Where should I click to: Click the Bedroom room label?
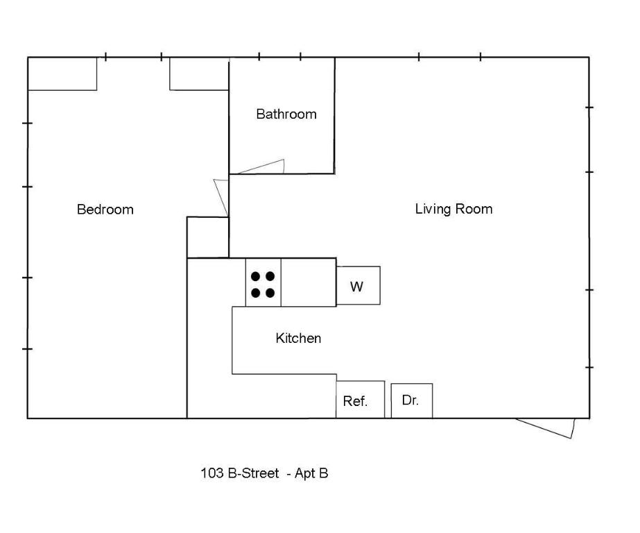tap(105, 210)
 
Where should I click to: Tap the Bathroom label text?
tap(286, 114)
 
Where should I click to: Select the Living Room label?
tap(453, 209)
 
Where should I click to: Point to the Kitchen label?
tap(298, 338)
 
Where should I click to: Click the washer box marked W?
tap(358, 286)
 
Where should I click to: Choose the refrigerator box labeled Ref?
tap(360, 400)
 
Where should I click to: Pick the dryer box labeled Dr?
tap(411, 400)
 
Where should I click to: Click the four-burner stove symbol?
tap(263, 284)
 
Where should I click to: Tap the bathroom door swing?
tap(263, 167)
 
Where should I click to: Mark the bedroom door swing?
tap(221, 197)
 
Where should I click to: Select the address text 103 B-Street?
tap(240, 473)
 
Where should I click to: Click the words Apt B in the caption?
tap(311, 473)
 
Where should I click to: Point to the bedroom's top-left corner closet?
tap(62, 74)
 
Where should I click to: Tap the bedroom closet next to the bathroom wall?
tap(199, 74)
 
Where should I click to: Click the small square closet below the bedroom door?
tap(207, 237)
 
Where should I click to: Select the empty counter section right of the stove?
tap(309, 282)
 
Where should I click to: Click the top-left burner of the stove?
tap(255, 276)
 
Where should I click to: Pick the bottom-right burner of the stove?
tap(270, 293)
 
